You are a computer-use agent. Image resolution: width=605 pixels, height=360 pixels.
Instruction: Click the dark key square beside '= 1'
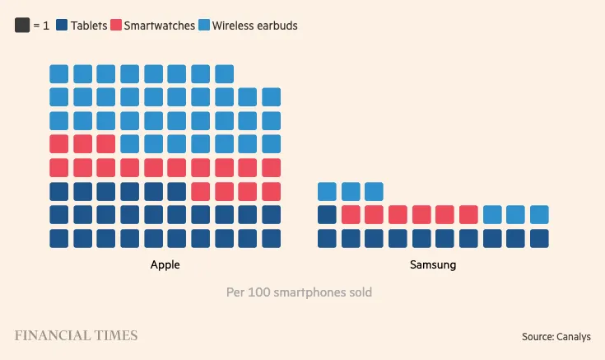22,26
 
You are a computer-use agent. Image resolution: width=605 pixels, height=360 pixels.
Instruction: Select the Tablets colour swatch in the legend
61,26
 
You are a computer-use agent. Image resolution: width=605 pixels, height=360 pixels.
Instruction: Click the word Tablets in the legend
89,26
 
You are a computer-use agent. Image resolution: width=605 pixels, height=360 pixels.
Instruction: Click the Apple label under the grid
165,265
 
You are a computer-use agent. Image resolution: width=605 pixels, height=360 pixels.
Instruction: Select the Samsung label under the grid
433,265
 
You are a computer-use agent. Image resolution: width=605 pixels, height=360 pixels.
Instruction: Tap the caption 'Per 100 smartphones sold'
299,292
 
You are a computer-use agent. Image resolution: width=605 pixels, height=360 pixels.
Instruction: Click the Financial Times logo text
76,335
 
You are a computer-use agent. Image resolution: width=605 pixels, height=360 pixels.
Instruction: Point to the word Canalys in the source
574,336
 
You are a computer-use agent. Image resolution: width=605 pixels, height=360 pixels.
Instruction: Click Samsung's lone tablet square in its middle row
327,215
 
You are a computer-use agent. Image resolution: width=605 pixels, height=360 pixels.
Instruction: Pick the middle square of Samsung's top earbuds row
351,191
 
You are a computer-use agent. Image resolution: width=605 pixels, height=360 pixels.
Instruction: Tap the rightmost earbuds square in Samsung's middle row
539,215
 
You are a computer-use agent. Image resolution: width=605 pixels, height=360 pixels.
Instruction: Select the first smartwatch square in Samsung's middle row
351,215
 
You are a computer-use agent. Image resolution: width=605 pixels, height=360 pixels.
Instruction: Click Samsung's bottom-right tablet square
539,238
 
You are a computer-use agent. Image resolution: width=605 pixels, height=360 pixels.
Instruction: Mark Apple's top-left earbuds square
58,73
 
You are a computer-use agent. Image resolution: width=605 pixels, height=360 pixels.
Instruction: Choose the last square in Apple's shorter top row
225,73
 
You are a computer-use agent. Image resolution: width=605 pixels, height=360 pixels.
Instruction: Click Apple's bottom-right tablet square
272,238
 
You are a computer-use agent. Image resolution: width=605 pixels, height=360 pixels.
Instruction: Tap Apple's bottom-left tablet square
58,238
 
